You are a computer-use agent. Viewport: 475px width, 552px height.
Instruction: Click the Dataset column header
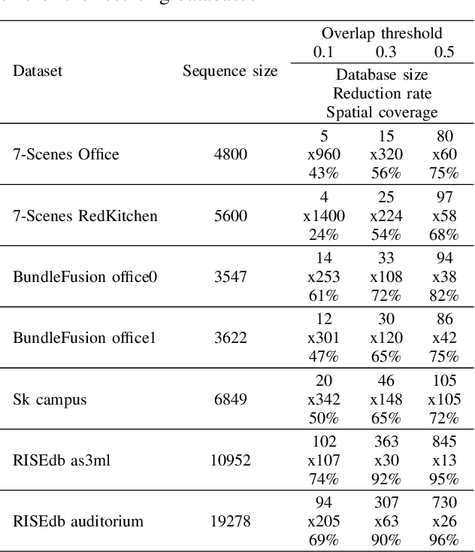[38, 72]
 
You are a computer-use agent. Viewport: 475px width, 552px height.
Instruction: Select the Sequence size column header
[230, 72]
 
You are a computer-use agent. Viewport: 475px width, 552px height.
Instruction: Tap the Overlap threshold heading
[382, 33]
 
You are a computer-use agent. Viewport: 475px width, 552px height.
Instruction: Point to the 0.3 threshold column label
[386, 52]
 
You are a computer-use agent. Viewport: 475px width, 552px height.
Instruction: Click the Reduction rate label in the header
[382, 93]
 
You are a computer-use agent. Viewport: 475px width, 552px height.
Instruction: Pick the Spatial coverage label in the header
[382, 112]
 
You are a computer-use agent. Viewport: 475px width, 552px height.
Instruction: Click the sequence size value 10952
[230, 460]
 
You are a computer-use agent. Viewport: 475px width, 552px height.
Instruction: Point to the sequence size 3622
[230, 338]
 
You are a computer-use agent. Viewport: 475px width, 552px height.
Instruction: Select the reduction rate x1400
[324, 216]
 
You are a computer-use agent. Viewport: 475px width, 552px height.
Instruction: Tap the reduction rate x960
[324, 155]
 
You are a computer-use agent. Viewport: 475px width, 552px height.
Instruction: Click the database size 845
[443, 441]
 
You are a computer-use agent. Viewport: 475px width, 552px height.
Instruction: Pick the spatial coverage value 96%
[443, 540]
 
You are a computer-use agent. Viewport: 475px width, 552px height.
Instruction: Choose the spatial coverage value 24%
[324, 235]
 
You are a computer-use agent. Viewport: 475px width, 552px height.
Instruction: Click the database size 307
[386, 502]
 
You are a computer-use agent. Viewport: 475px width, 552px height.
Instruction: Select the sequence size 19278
[230, 521]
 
